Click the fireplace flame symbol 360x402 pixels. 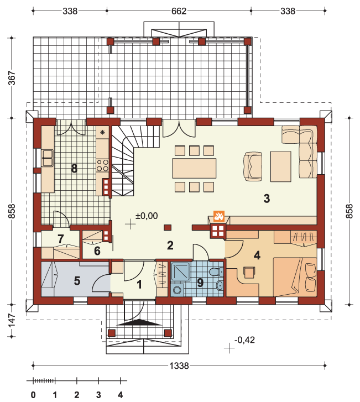pyautogui.click(x=219, y=216)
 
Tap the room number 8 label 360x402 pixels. pyautogui.click(x=74, y=169)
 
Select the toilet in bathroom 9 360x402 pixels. pyautogui.click(x=216, y=272)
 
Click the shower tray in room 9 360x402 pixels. pyautogui.click(x=180, y=272)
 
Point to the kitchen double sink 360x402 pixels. pyautogui.click(x=48, y=158)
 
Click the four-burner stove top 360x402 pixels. pyautogui.click(x=102, y=165)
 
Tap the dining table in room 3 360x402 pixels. pyautogui.click(x=194, y=168)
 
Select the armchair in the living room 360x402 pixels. pyautogui.click(x=253, y=166)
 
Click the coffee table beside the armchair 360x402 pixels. pyautogui.click(x=281, y=166)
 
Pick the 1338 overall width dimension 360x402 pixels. pyautogui.click(x=179, y=366)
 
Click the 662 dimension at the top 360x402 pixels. pyautogui.click(x=179, y=11)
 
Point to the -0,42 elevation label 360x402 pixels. pyautogui.click(x=244, y=340)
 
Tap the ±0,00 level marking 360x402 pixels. pyautogui.click(x=147, y=216)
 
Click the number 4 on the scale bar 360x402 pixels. pyautogui.click(x=120, y=395)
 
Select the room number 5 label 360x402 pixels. pyautogui.click(x=77, y=281)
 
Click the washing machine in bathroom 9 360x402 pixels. pyautogui.click(x=177, y=290)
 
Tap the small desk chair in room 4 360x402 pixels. pyautogui.click(x=249, y=272)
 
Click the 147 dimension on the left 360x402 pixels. pyautogui.click(x=12, y=321)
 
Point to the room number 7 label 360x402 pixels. pyautogui.click(x=60, y=239)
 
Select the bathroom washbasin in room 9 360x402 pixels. pyautogui.click(x=220, y=286)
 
